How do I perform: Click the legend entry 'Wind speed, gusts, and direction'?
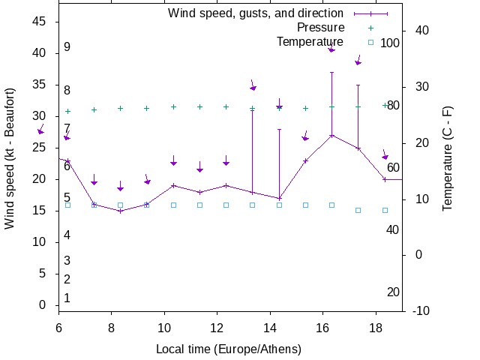click(x=255, y=13)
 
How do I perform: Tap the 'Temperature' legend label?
click(x=310, y=41)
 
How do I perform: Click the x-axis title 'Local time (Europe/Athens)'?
click(x=228, y=349)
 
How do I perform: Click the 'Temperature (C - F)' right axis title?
click(x=447, y=157)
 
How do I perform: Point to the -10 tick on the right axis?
click(x=421, y=310)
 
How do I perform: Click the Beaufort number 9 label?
click(x=67, y=47)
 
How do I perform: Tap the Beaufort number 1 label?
click(x=67, y=298)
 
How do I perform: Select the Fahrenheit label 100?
click(x=390, y=43)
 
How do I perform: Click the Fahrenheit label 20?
click(x=393, y=292)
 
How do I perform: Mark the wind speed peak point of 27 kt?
click(x=331, y=136)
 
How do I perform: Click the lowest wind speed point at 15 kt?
click(x=120, y=211)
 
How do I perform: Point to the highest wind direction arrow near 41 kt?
click(x=331, y=49)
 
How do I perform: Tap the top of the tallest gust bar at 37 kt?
click(x=331, y=72)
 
